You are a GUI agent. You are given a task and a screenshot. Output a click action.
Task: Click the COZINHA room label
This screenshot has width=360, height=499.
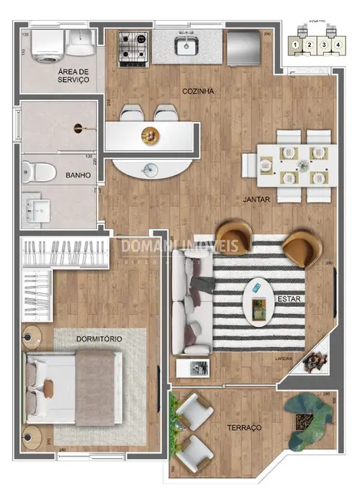197,91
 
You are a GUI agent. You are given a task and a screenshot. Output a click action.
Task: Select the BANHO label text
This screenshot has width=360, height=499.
78,175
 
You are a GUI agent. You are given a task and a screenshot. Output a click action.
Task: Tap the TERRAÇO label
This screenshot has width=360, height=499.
245,427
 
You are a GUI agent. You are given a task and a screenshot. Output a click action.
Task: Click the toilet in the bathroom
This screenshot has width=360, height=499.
39,171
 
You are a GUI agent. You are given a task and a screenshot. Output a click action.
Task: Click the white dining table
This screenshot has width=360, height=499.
295,164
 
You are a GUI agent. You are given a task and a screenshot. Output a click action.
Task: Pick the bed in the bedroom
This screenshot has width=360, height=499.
73,388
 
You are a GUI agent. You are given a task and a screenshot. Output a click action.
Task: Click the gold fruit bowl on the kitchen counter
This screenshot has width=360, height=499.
147,136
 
